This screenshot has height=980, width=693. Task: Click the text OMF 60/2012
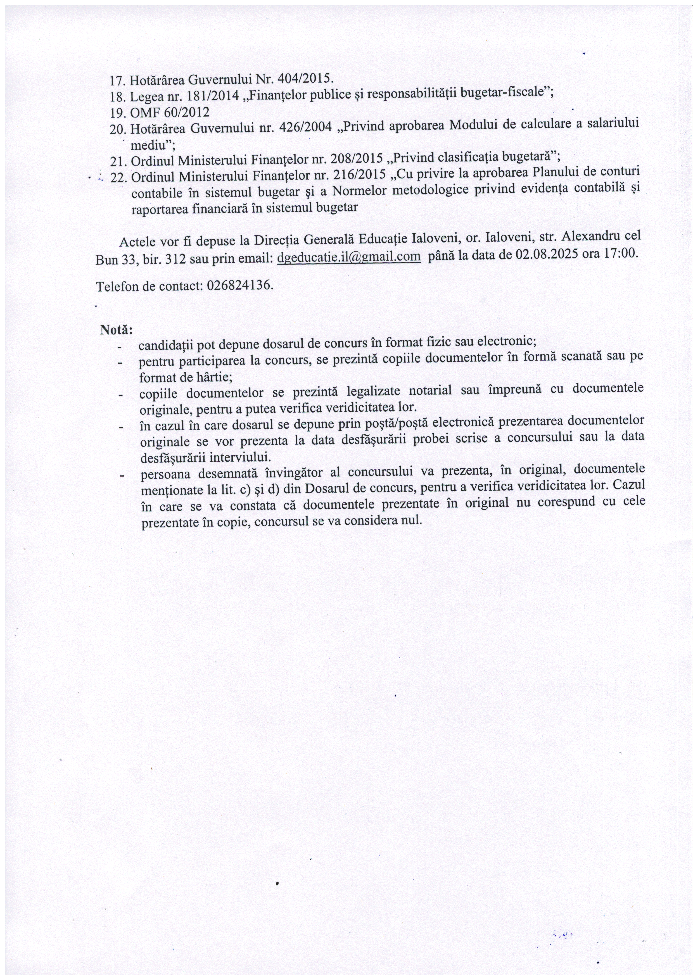pyautogui.click(x=170, y=113)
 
